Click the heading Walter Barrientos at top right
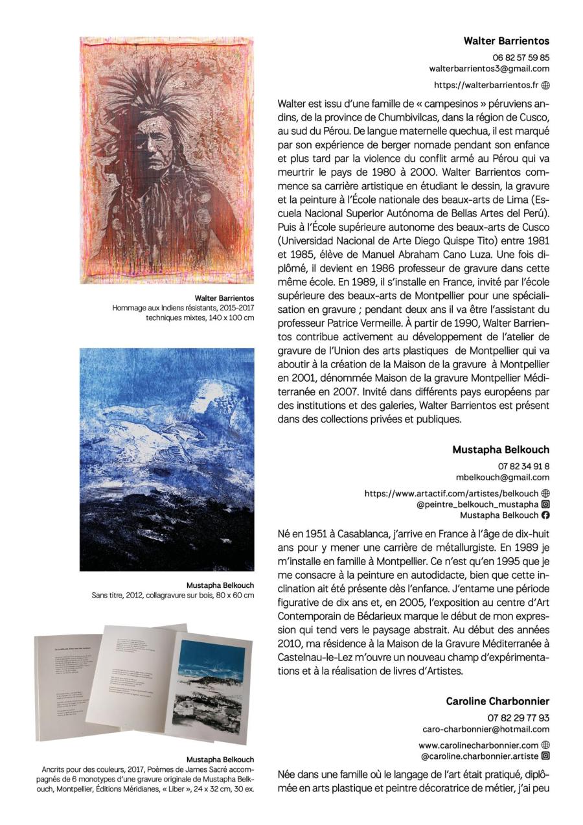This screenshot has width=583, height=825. [x=506, y=41]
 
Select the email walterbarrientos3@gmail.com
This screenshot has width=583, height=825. [x=489, y=68]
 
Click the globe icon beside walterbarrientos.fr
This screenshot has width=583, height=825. [x=545, y=85]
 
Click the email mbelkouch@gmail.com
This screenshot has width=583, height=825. [x=503, y=477]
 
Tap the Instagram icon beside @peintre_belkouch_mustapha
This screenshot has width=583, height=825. [x=545, y=504]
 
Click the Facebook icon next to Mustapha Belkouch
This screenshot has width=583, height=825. [x=545, y=515]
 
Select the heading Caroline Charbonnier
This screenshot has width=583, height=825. [x=497, y=701]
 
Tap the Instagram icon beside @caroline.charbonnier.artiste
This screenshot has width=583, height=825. [x=545, y=756]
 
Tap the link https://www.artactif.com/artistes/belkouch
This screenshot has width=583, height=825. [x=452, y=493]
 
